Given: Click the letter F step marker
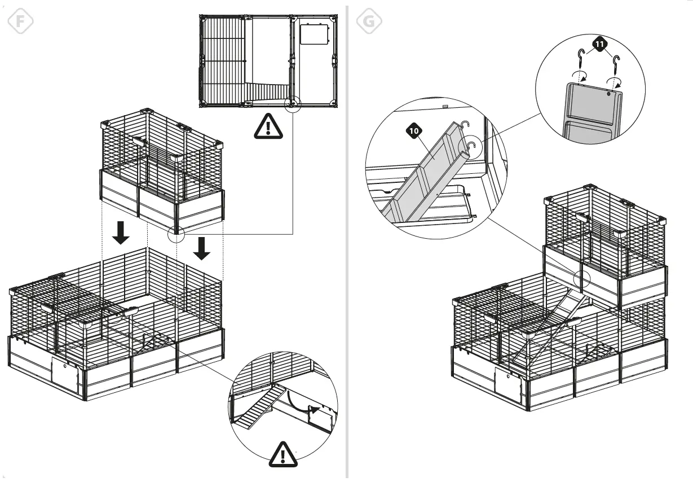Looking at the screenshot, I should (20, 21).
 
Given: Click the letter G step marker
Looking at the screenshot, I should (369, 21).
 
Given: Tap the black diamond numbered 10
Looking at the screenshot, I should (414, 131).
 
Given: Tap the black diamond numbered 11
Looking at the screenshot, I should (599, 43).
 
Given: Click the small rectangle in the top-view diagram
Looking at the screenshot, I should (314, 35).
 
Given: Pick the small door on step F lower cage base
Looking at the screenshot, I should (65, 374).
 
